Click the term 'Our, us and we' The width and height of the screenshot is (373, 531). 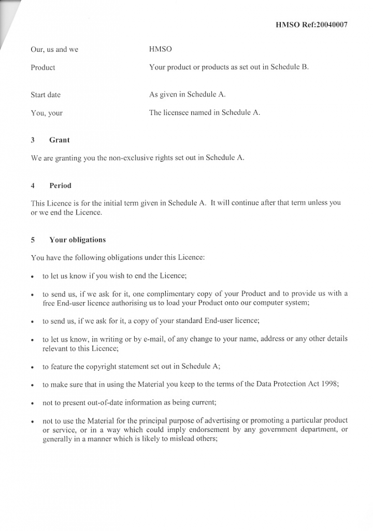[54, 50]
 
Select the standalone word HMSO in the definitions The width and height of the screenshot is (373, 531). [160, 49]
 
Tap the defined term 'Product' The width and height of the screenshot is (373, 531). [43, 67]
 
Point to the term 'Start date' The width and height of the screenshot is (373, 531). [46, 95]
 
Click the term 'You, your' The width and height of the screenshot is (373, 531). [47, 113]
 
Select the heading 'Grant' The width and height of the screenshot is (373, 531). [60, 140]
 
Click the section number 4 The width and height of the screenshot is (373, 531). [33, 186]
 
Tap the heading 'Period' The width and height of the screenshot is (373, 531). [60, 186]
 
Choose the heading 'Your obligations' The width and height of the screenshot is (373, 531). [77, 240]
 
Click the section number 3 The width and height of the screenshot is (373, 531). [33, 140]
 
